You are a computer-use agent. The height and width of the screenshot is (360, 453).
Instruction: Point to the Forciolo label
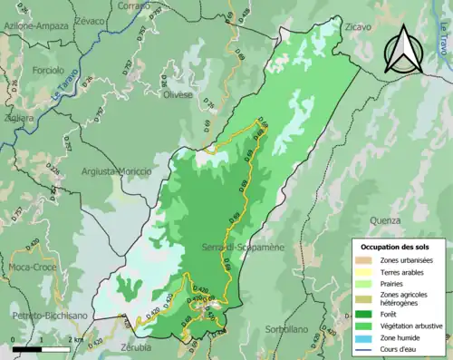pyautogui.click(x=44, y=70)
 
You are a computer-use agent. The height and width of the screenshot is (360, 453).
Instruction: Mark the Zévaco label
pyautogui.click(x=89, y=19)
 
